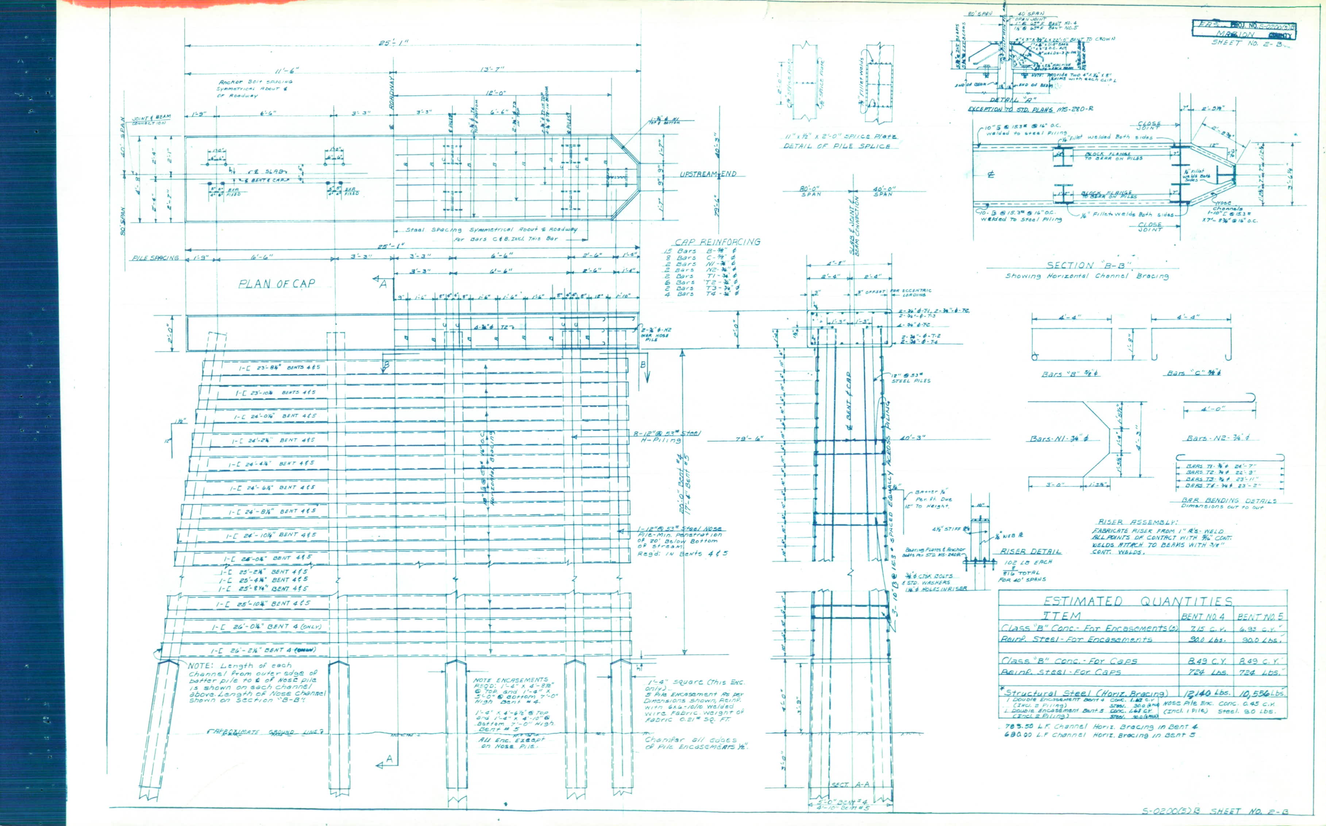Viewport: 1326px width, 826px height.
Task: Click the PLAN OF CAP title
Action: click(277, 284)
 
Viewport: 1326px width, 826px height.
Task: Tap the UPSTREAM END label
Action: click(708, 174)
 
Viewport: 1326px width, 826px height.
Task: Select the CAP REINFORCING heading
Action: click(717, 242)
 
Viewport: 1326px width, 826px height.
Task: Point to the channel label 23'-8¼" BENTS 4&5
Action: click(279, 368)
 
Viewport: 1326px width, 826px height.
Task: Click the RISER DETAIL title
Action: click(1030, 551)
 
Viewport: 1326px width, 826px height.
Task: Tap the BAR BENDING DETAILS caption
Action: click(1228, 501)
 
